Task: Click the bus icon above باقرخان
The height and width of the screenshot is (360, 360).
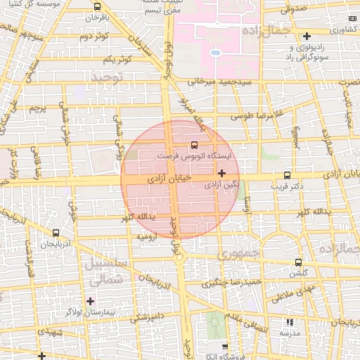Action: (x=96, y=6)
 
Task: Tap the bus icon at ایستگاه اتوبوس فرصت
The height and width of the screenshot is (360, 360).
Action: (x=195, y=145)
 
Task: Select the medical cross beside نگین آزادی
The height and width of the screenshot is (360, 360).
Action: (x=222, y=172)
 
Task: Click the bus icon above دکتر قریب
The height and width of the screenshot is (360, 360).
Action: (x=286, y=175)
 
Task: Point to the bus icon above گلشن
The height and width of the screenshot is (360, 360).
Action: (x=299, y=262)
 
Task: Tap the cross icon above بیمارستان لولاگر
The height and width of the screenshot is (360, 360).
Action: (x=90, y=301)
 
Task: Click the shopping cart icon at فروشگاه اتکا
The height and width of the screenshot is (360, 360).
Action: (x=225, y=347)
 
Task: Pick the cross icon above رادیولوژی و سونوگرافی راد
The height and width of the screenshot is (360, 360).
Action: (x=307, y=36)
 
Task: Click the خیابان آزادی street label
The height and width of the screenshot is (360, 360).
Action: (x=168, y=180)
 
